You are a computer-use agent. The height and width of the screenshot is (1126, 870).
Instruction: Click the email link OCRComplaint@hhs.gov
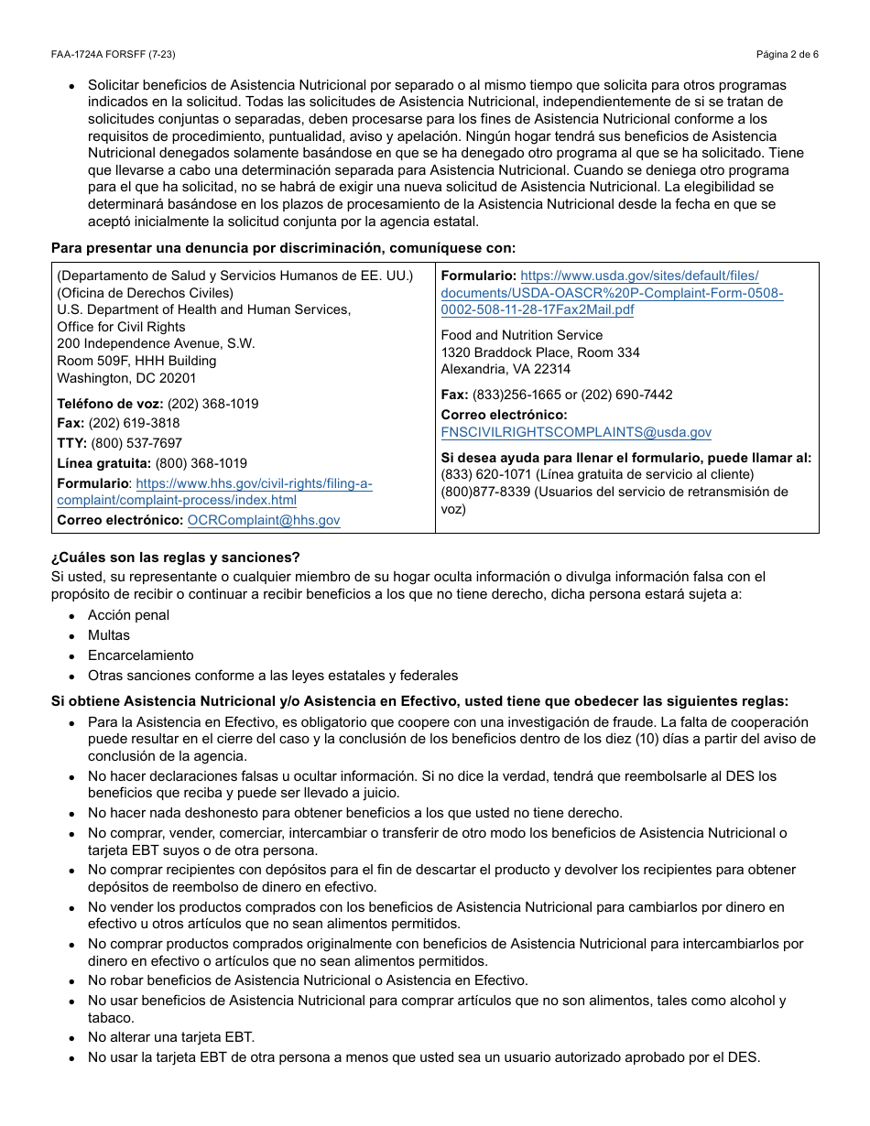click(264, 520)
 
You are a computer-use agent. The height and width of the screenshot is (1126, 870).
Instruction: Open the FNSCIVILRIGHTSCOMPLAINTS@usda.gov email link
click(576, 432)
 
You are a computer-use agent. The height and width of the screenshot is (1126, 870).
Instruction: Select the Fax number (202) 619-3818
click(134, 423)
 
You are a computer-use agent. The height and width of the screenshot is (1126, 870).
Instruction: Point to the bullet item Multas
click(109, 635)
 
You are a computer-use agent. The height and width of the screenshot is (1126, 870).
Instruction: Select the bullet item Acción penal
click(128, 615)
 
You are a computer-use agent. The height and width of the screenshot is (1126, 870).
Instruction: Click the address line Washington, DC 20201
click(126, 378)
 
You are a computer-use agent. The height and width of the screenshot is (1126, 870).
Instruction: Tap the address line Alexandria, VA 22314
click(506, 369)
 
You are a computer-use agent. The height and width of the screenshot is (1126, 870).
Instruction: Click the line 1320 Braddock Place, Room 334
click(540, 352)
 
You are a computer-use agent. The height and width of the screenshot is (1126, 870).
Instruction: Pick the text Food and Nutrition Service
click(522, 335)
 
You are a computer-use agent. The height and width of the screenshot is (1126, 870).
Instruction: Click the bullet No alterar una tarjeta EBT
click(171, 1037)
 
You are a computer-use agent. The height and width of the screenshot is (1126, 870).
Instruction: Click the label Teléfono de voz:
click(110, 404)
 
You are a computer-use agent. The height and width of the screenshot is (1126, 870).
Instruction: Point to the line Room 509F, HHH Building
click(136, 361)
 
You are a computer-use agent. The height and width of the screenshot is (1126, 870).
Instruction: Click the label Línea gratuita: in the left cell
click(104, 463)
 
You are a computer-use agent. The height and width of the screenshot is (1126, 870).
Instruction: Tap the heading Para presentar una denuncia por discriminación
click(283, 247)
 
